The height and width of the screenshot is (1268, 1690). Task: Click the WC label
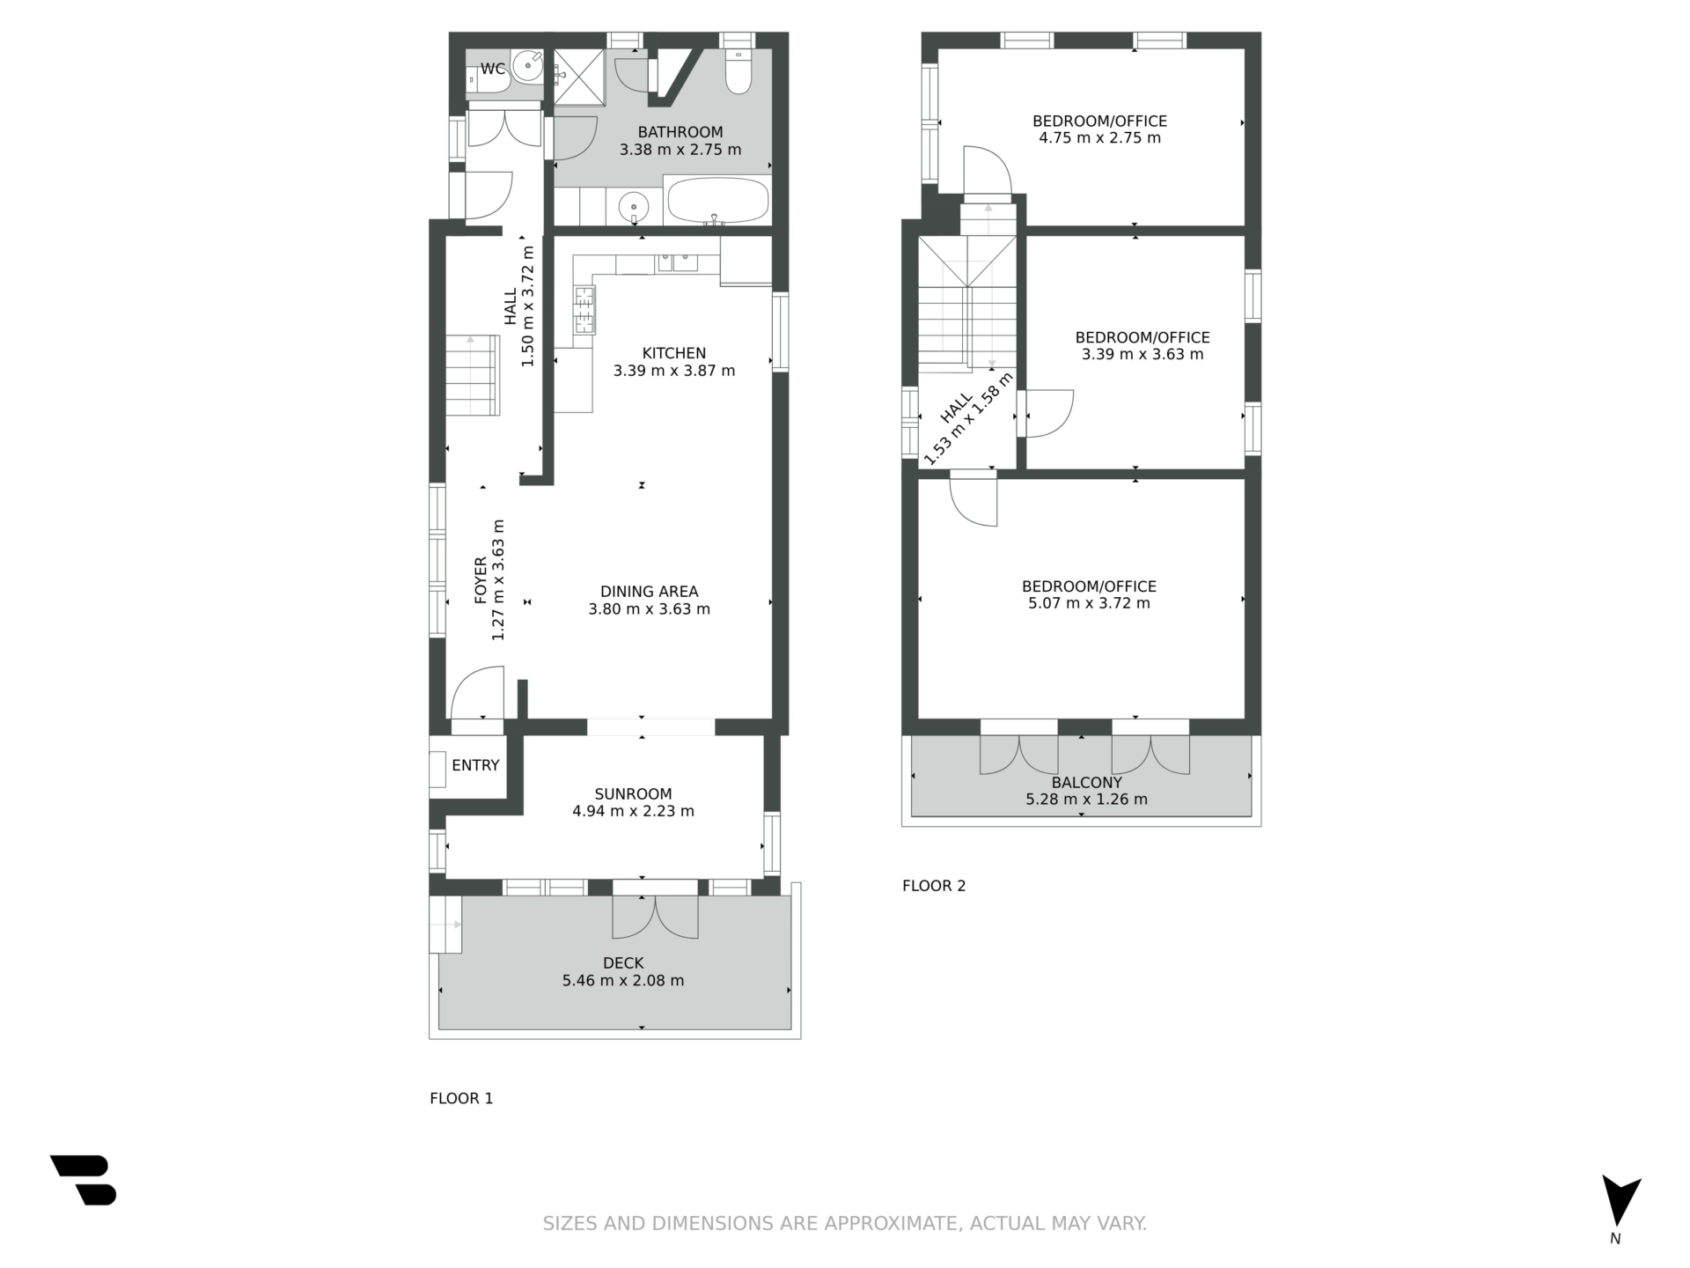(493, 69)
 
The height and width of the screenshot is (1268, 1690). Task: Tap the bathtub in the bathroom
(718, 201)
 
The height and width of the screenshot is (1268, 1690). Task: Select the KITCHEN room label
(674, 353)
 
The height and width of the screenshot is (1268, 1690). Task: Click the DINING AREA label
(650, 592)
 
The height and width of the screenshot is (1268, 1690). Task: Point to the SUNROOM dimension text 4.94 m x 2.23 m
(634, 811)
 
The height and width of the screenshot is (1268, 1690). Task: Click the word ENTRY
(475, 765)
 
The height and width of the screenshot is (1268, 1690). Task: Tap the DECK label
(623, 963)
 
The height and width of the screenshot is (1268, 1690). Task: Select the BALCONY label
(1087, 782)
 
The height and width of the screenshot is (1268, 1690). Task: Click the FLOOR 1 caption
(461, 1098)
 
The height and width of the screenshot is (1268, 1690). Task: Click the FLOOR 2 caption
(934, 886)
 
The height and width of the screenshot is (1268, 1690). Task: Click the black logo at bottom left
(84, 1180)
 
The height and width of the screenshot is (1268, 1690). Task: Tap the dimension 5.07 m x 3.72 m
(1089, 603)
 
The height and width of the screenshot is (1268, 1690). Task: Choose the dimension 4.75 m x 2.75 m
(1099, 137)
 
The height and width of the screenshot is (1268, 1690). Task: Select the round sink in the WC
(529, 65)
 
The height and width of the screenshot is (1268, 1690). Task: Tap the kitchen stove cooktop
(584, 311)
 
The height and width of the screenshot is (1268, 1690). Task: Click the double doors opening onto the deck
(655, 917)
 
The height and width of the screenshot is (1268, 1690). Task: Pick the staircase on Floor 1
(473, 375)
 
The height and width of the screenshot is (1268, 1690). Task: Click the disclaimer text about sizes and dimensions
(845, 1223)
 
